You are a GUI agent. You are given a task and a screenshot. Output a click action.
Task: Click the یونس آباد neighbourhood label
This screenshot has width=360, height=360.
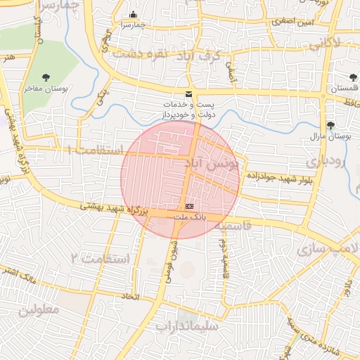coord(212,163)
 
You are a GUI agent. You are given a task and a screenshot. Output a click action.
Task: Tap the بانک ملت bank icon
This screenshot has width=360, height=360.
coord(189,207)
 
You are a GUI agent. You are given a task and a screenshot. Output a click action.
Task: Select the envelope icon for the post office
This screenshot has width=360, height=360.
coord(188,94)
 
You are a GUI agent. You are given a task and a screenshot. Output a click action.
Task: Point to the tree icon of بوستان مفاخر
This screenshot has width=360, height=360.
coord(46,77)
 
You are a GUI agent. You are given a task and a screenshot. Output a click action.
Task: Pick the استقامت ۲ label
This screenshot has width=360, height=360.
coord(101,258)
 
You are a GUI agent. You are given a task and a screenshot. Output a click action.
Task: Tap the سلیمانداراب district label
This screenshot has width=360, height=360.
coord(187,326)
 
